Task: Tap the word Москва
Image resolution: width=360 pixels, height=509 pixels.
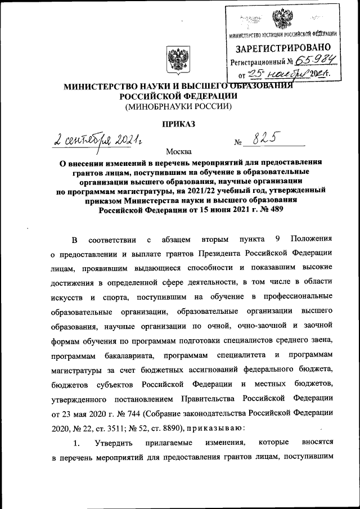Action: [178, 151]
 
